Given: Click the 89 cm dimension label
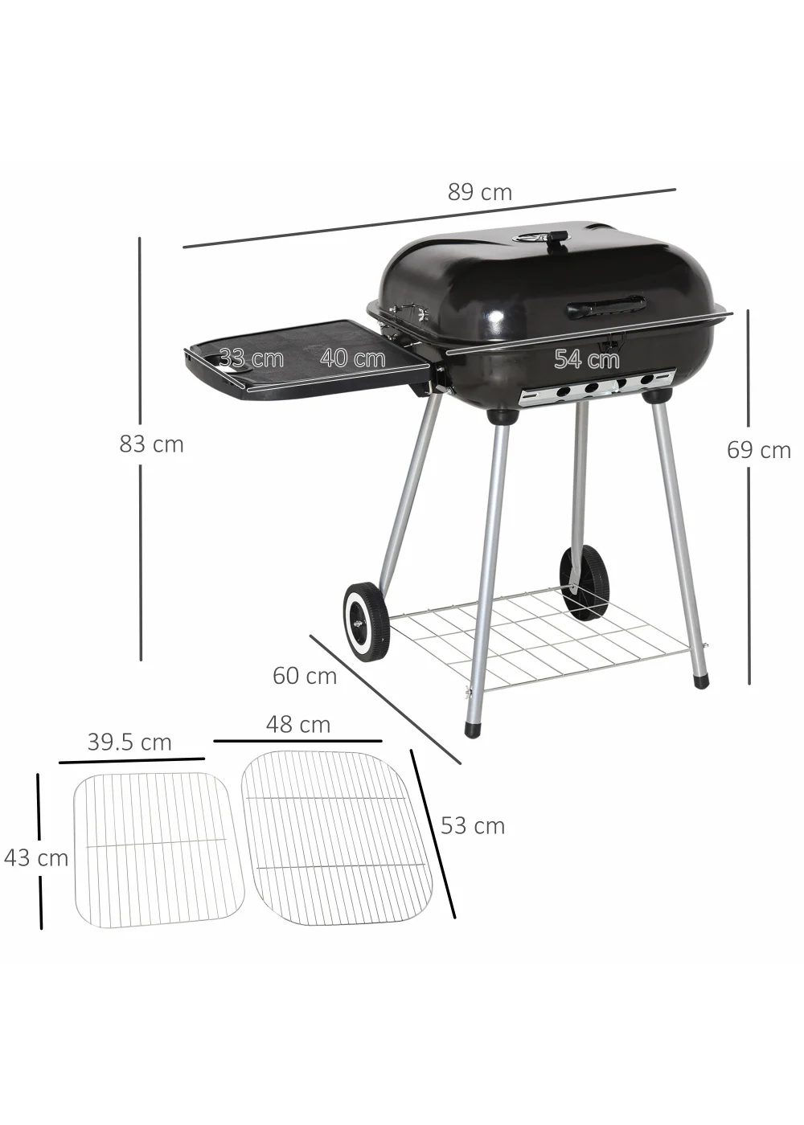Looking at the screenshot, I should coord(479,193).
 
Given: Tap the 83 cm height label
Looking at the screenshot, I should coord(151,444).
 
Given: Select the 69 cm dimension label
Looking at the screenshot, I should coord(758,450).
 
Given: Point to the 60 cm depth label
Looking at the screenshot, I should coord(304,676).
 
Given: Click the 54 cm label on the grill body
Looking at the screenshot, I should coord(586,359).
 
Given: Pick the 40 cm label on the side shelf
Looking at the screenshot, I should coord(352,358).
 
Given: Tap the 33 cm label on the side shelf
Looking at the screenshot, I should coord(251,358).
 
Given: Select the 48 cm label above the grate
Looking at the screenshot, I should coord(297,725).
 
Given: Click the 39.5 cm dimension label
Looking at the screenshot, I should coord(129,742).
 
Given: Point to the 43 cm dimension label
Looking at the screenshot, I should coord(36,858).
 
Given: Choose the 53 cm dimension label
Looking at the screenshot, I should coord(472,826).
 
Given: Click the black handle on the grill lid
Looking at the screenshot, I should coord(606,305).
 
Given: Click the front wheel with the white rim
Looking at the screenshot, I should coord(367,621).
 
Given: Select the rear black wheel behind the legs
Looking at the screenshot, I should coord(585,582).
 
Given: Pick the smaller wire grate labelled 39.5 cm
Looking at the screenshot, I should coord(158,850).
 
